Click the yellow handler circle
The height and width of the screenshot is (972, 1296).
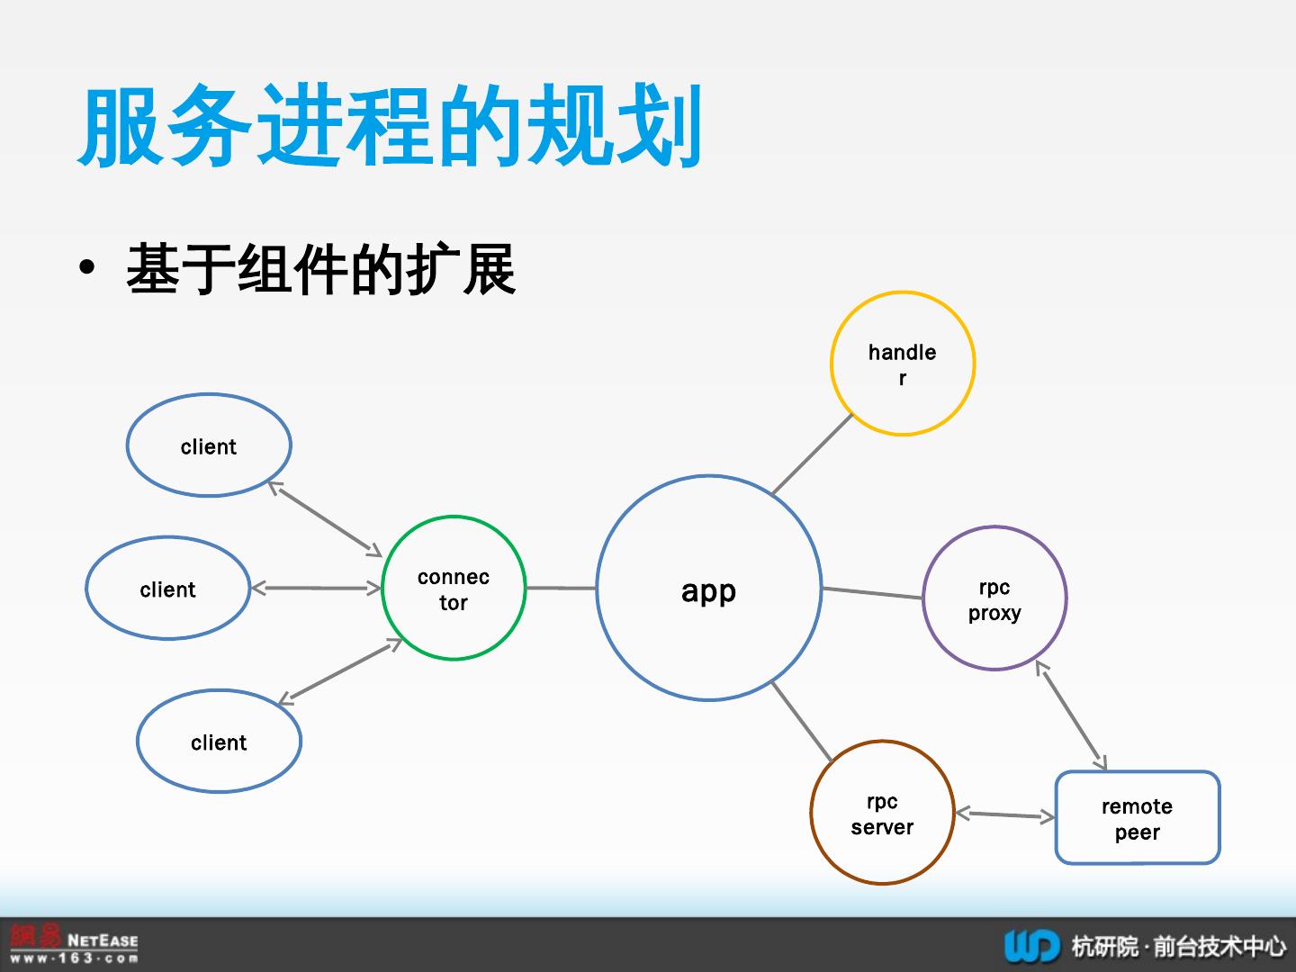point(902,364)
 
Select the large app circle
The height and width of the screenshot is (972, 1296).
point(708,589)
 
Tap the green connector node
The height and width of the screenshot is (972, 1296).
point(454,588)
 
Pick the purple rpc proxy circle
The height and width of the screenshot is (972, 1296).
point(994,598)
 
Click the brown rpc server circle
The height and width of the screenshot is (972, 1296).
point(882,813)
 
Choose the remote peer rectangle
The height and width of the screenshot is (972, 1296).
point(1137,818)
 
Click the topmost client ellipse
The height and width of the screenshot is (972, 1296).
point(209,445)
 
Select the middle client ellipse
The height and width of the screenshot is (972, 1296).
point(167,589)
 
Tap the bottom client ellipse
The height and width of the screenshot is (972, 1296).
point(219,742)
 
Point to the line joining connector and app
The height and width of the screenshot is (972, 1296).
point(561,588)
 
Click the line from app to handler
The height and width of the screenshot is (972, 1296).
point(812,454)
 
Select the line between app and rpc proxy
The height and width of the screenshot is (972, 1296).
point(872,593)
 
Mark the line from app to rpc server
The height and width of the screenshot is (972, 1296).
point(801,721)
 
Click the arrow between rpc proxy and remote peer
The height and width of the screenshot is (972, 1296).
point(1071,715)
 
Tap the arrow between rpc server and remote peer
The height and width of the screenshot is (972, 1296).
point(1004,815)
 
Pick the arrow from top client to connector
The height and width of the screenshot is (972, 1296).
point(326,519)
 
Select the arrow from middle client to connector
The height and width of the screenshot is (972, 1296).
point(316,589)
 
